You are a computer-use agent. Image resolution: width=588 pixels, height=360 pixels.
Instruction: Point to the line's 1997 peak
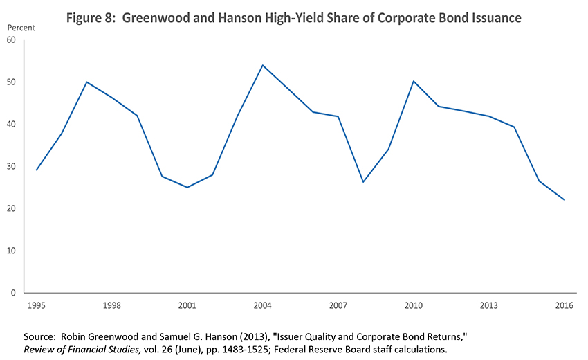click(x=86, y=82)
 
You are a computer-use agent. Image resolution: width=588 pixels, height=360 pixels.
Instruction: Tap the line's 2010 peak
click(x=414, y=81)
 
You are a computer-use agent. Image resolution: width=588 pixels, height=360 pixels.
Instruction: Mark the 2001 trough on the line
click(x=187, y=187)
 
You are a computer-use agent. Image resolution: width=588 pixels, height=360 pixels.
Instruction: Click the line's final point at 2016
click(x=564, y=200)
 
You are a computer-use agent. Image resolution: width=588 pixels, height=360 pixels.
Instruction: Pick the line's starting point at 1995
click(x=36, y=170)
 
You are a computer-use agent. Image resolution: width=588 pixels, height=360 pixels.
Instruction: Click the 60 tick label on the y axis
click(x=11, y=40)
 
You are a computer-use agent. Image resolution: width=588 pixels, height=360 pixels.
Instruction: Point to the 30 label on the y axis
click(x=11, y=167)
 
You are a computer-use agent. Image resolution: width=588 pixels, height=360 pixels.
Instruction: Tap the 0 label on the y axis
click(x=14, y=293)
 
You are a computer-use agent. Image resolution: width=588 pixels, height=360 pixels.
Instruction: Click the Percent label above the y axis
click(x=20, y=27)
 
